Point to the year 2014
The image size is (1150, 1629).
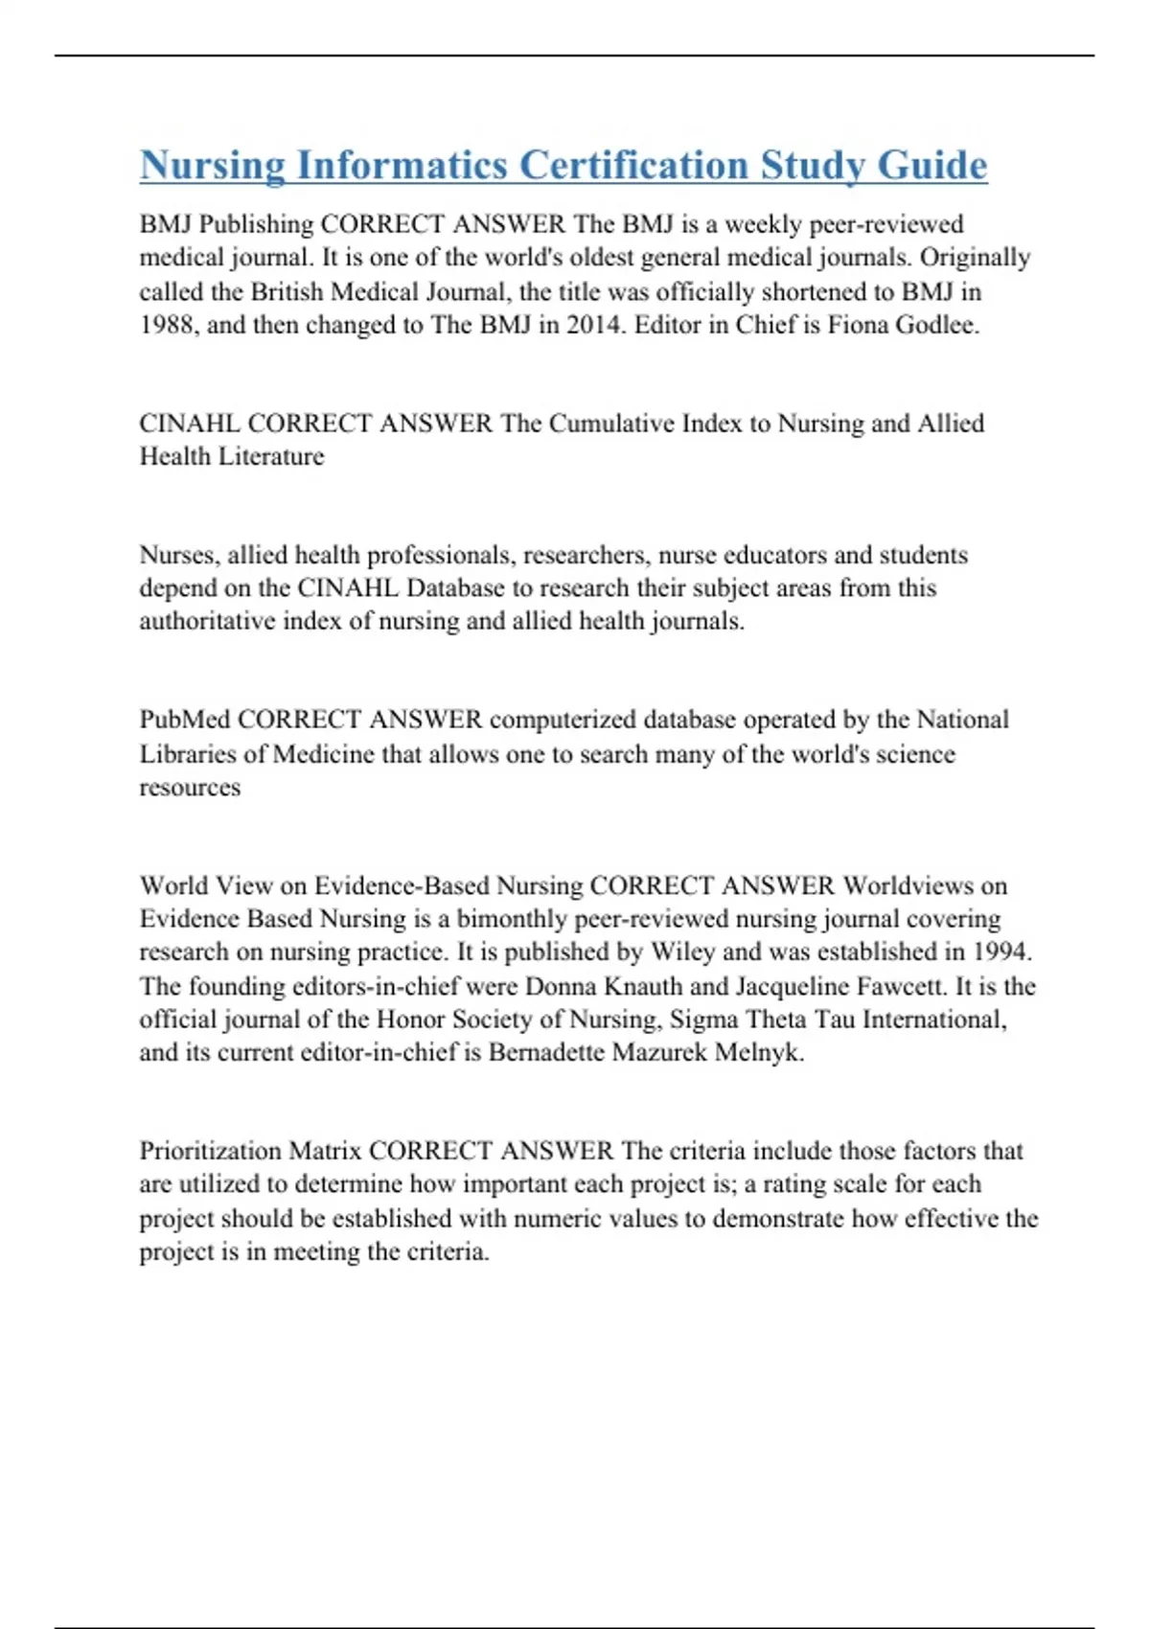coord(593,325)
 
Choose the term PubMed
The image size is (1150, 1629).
coord(185,720)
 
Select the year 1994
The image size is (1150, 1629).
coord(1000,952)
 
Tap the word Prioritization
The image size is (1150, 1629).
coord(211,1151)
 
